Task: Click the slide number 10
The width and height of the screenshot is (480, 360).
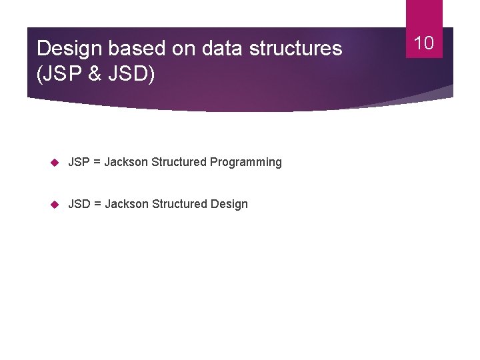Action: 424,43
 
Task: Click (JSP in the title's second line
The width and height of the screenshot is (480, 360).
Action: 58,73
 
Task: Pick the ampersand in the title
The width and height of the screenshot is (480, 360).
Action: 95,73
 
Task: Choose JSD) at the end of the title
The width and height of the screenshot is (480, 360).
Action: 131,73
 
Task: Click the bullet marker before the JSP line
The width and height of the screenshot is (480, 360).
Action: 55,162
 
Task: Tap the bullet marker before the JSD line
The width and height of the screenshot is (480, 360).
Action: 55,204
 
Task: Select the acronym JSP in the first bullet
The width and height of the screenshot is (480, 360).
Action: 79,162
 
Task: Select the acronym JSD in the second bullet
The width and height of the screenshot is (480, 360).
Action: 80,204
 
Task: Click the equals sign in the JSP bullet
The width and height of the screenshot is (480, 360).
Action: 97,162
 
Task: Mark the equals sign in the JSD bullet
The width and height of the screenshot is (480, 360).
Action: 98,204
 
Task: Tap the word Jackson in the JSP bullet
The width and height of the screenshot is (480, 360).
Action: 126,162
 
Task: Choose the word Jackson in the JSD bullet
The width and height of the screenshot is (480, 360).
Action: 127,204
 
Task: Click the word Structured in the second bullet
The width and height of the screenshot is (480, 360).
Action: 179,204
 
